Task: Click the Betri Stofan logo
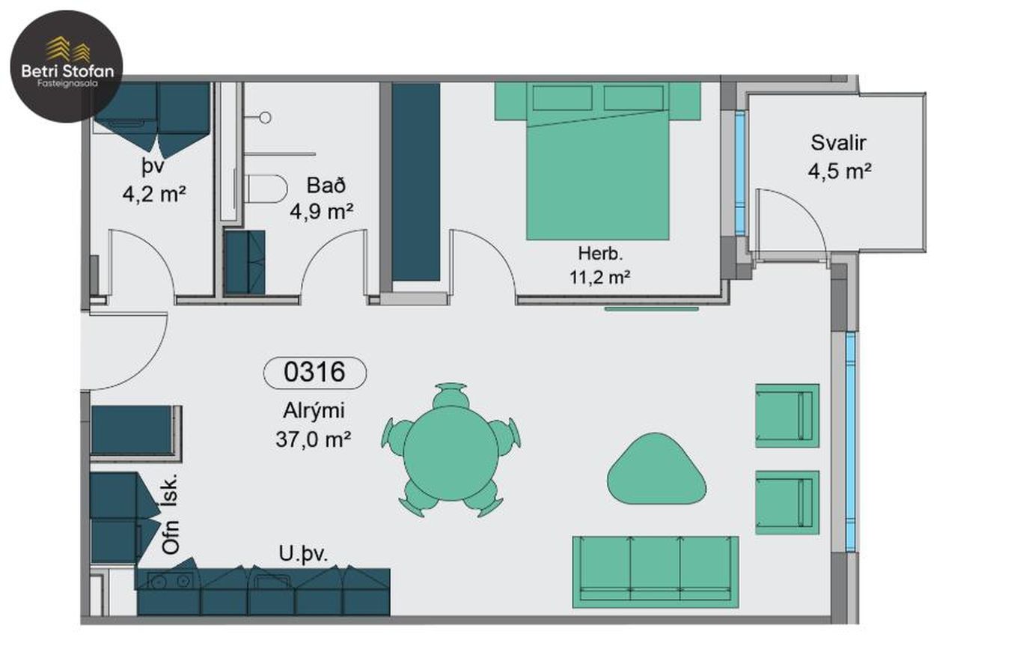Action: pos(67,67)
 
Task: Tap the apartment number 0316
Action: pos(314,372)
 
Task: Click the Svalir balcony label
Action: pos(838,143)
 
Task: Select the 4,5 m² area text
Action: pos(839,171)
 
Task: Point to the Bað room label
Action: pos(326,185)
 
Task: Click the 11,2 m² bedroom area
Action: pos(599,277)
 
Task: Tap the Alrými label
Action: pos(314,411)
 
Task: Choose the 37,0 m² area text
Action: pos(314,439)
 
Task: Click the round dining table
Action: pos(451,453)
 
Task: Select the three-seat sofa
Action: pos(656,572)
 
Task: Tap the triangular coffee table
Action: pos(656,469)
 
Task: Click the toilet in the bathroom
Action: pos(266,189)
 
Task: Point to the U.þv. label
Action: pos(303,554)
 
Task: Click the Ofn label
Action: pos(171,537)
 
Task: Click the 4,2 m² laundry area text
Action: pos(154,194)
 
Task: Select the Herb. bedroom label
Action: pos(600,253)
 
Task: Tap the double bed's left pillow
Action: pos(563,97)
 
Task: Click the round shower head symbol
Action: pos(265,118)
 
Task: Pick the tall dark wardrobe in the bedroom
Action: pos(415,182)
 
